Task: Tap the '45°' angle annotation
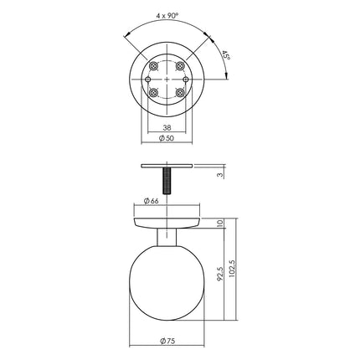point(224,56)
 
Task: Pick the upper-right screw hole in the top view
point(181,64)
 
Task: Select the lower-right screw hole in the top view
point(181,94)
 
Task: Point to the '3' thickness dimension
point(220,175)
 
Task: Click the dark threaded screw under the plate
point(166,180)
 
